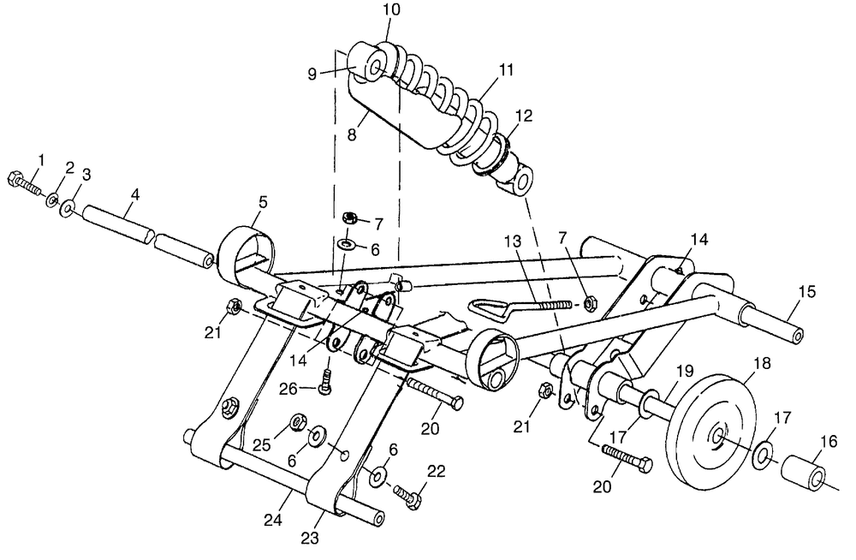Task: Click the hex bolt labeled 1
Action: point(23,183)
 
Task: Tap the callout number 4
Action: point(135,195)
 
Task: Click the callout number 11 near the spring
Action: point(506,70)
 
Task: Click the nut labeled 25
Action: point(298,421)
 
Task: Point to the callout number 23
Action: point(310,538)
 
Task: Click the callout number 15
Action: point(807,292)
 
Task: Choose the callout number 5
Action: point(263,202)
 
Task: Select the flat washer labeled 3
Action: point(68,208)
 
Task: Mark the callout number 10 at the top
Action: point(391,9)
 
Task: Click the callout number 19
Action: point(685,371)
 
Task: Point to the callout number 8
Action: point(352,134)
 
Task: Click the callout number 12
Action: point(523,116)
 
